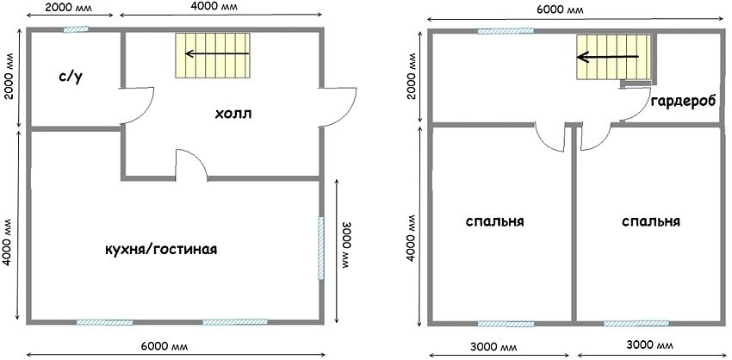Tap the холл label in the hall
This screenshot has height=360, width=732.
click(x=233, y=114)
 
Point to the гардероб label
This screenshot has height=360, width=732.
click(x=681, y=102)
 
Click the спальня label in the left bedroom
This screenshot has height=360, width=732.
click(x=495, y=221)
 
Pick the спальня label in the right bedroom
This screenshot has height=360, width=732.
click(x=650, y=221)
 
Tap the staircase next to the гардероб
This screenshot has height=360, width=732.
click(x=611, y=58)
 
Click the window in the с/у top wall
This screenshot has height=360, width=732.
click(x=74, y=29)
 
